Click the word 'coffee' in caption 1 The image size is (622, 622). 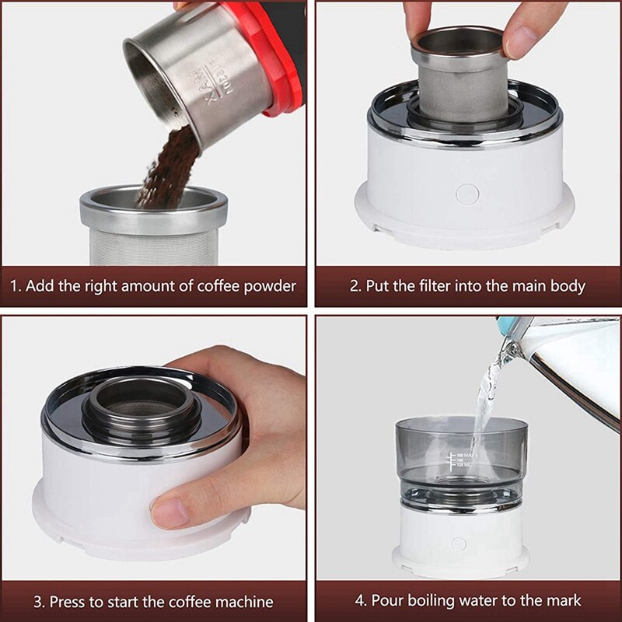pos(212,285)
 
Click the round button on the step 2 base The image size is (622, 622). pos(466,194)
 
